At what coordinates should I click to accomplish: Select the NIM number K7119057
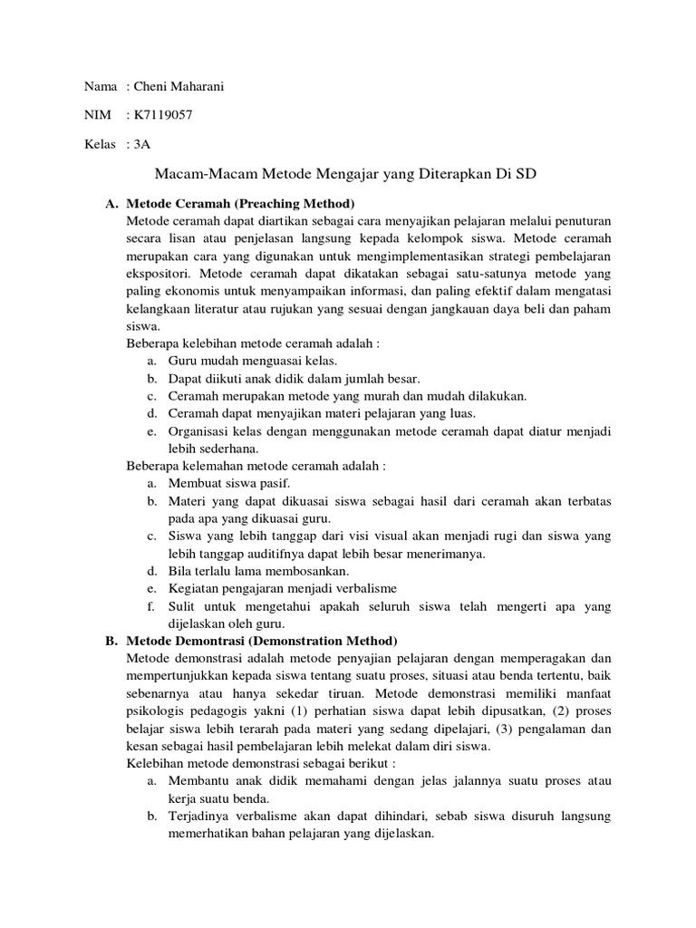pos(162,115)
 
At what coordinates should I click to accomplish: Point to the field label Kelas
pos(101,143)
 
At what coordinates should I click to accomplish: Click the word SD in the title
pos(527,172)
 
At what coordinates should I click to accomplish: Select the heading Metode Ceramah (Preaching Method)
pos(240,203)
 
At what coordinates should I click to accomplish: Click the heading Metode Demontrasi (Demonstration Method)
pos(262,640)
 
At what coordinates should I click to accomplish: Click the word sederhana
pos(228,449)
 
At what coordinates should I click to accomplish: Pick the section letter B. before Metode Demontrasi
pos(111,640)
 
